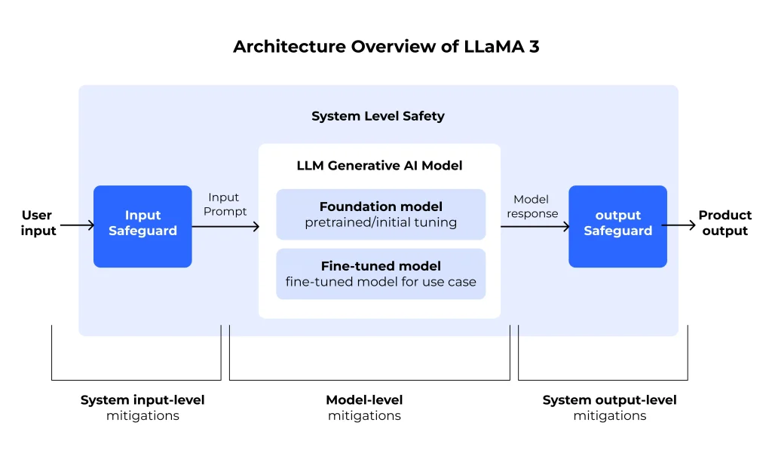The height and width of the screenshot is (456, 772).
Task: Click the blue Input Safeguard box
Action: [142, 226]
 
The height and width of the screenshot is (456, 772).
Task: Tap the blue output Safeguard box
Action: [617, 226]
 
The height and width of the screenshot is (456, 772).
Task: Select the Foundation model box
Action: [381, 214]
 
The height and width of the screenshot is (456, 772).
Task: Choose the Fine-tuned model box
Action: [381, 274]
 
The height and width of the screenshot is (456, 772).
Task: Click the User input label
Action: [38, 223]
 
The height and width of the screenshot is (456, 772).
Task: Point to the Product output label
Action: [725, 223]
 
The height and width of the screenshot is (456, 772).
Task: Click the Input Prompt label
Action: [224, 204]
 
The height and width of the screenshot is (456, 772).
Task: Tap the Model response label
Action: [532, 207]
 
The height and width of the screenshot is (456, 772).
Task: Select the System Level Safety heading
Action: [378, 116]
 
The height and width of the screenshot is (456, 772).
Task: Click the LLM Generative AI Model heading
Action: [380, 165]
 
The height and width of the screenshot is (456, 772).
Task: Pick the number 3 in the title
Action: [533, 47]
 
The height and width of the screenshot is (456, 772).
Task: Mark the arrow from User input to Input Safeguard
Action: [76, 225]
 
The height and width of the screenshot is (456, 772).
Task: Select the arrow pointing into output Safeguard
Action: [535, 226]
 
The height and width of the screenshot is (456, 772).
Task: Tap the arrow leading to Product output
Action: [679, 225]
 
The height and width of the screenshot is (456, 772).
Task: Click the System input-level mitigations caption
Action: [142, 407]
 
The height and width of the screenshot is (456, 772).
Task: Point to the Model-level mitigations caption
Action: [364, 407]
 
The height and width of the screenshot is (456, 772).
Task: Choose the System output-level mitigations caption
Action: [609, 407]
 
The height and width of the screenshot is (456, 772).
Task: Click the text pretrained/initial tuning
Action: [381, 222]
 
